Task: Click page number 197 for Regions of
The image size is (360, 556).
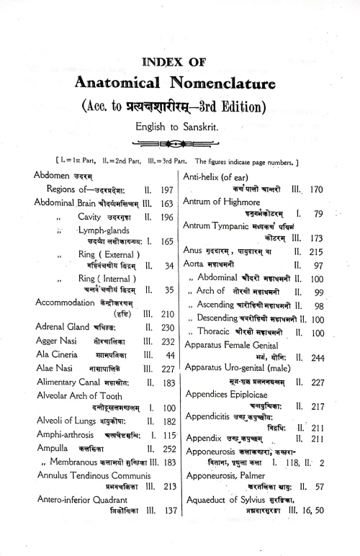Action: (x=167, y=190)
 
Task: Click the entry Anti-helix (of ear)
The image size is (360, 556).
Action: (x=221, y=176)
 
